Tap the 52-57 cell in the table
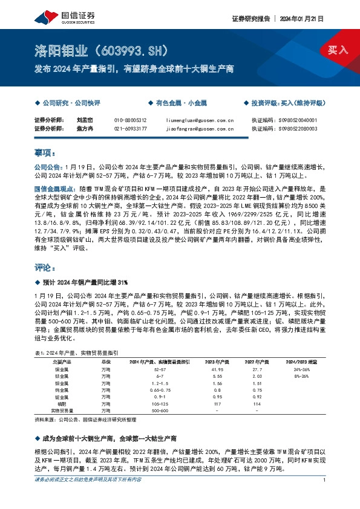pyautogui.click(x=160, y=368)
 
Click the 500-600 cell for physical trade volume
pyautogui.click(x=160, y=410)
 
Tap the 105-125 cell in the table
pyautogui.click(x=160, y=403)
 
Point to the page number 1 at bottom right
pyautogui.click(x=325, y=480)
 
